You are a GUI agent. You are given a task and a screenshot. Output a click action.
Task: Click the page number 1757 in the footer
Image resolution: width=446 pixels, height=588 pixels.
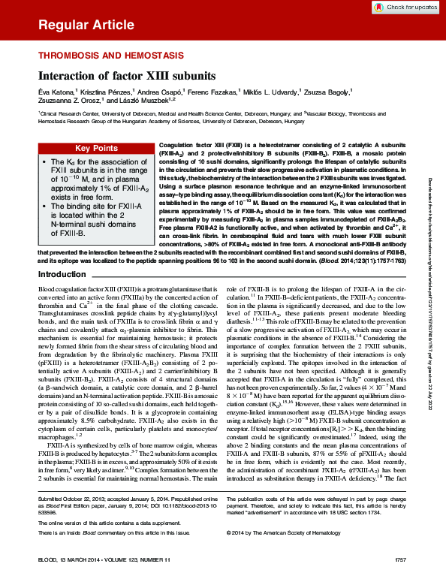[x=399, y=580]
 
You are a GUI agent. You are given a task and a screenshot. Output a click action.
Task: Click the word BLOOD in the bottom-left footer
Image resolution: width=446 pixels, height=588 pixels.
[x=49, y=580]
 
